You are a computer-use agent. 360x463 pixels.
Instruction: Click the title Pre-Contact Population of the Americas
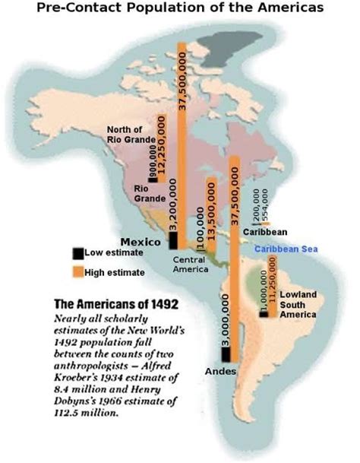click(180, 9)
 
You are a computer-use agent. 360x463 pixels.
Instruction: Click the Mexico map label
click(141, 241)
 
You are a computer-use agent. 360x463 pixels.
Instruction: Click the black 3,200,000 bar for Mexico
click(172, 240)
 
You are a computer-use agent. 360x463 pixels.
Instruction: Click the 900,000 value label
click(153, 164)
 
